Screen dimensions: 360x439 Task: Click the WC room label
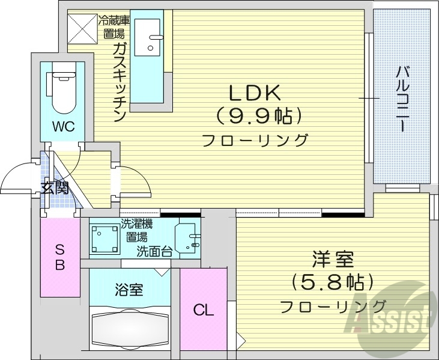pyautogui.click(x=62, y=126)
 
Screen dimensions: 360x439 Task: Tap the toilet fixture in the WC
pyautogui.click(x=62, y=90)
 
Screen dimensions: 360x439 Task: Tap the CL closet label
pyautogui.click(x=203, y=310)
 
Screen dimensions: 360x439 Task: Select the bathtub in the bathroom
pyautogui.click(x=130, y=328)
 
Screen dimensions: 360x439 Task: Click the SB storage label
pyautogui.click(x=60, y=257)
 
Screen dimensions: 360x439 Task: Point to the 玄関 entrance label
pyautogui.click(x=55, y=187)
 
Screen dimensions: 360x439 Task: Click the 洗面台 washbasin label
pyautogui.click(x=154, y=251)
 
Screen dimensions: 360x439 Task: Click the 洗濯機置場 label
pyautogui.click(x=137, y=231)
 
